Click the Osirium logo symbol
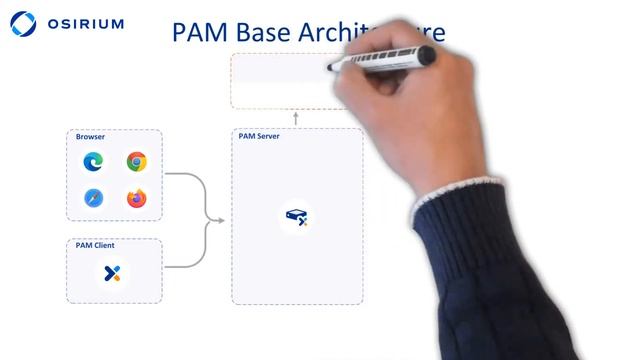coord(22,24)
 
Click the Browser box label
coord(91,136)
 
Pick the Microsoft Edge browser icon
coord(93,161)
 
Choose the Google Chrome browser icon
coord(137,161)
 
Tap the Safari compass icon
coord(93,198)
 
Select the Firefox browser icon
coord(137,198)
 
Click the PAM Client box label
coord(95,245)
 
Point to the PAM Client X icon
coord(113,272)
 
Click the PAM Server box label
coord(259,136)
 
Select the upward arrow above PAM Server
coord(296,118)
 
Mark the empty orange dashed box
coord(280,82)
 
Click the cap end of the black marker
coord(334,67)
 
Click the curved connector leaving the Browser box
coord(190,180)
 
